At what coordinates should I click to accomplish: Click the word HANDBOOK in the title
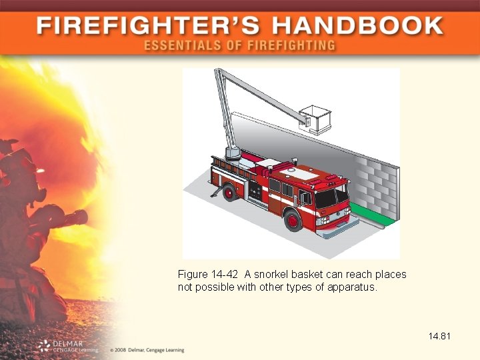(x=358, y=26)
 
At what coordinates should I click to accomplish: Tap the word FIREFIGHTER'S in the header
(x=148, y=26)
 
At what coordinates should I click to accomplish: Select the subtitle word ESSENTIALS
(x=183, y=45)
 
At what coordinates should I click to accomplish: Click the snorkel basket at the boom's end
(x=315, y=120)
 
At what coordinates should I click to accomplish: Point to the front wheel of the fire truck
(x=293, y=220)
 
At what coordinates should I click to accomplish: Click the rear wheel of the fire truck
(x=229, y=192)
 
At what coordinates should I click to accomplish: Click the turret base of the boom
(x=233, y=153)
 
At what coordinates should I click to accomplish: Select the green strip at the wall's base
(x=371, y=213)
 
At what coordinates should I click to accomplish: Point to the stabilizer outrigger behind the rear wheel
(x=215, y=191)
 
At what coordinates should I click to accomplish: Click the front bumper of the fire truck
(x=337, y=227)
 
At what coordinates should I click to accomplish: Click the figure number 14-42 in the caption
(x=225, y=274)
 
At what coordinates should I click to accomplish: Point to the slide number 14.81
(x=439, y=336)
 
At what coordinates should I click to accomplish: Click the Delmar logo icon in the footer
(x=44, y=346)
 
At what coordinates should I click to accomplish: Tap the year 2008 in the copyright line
(x=120, y=350)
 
